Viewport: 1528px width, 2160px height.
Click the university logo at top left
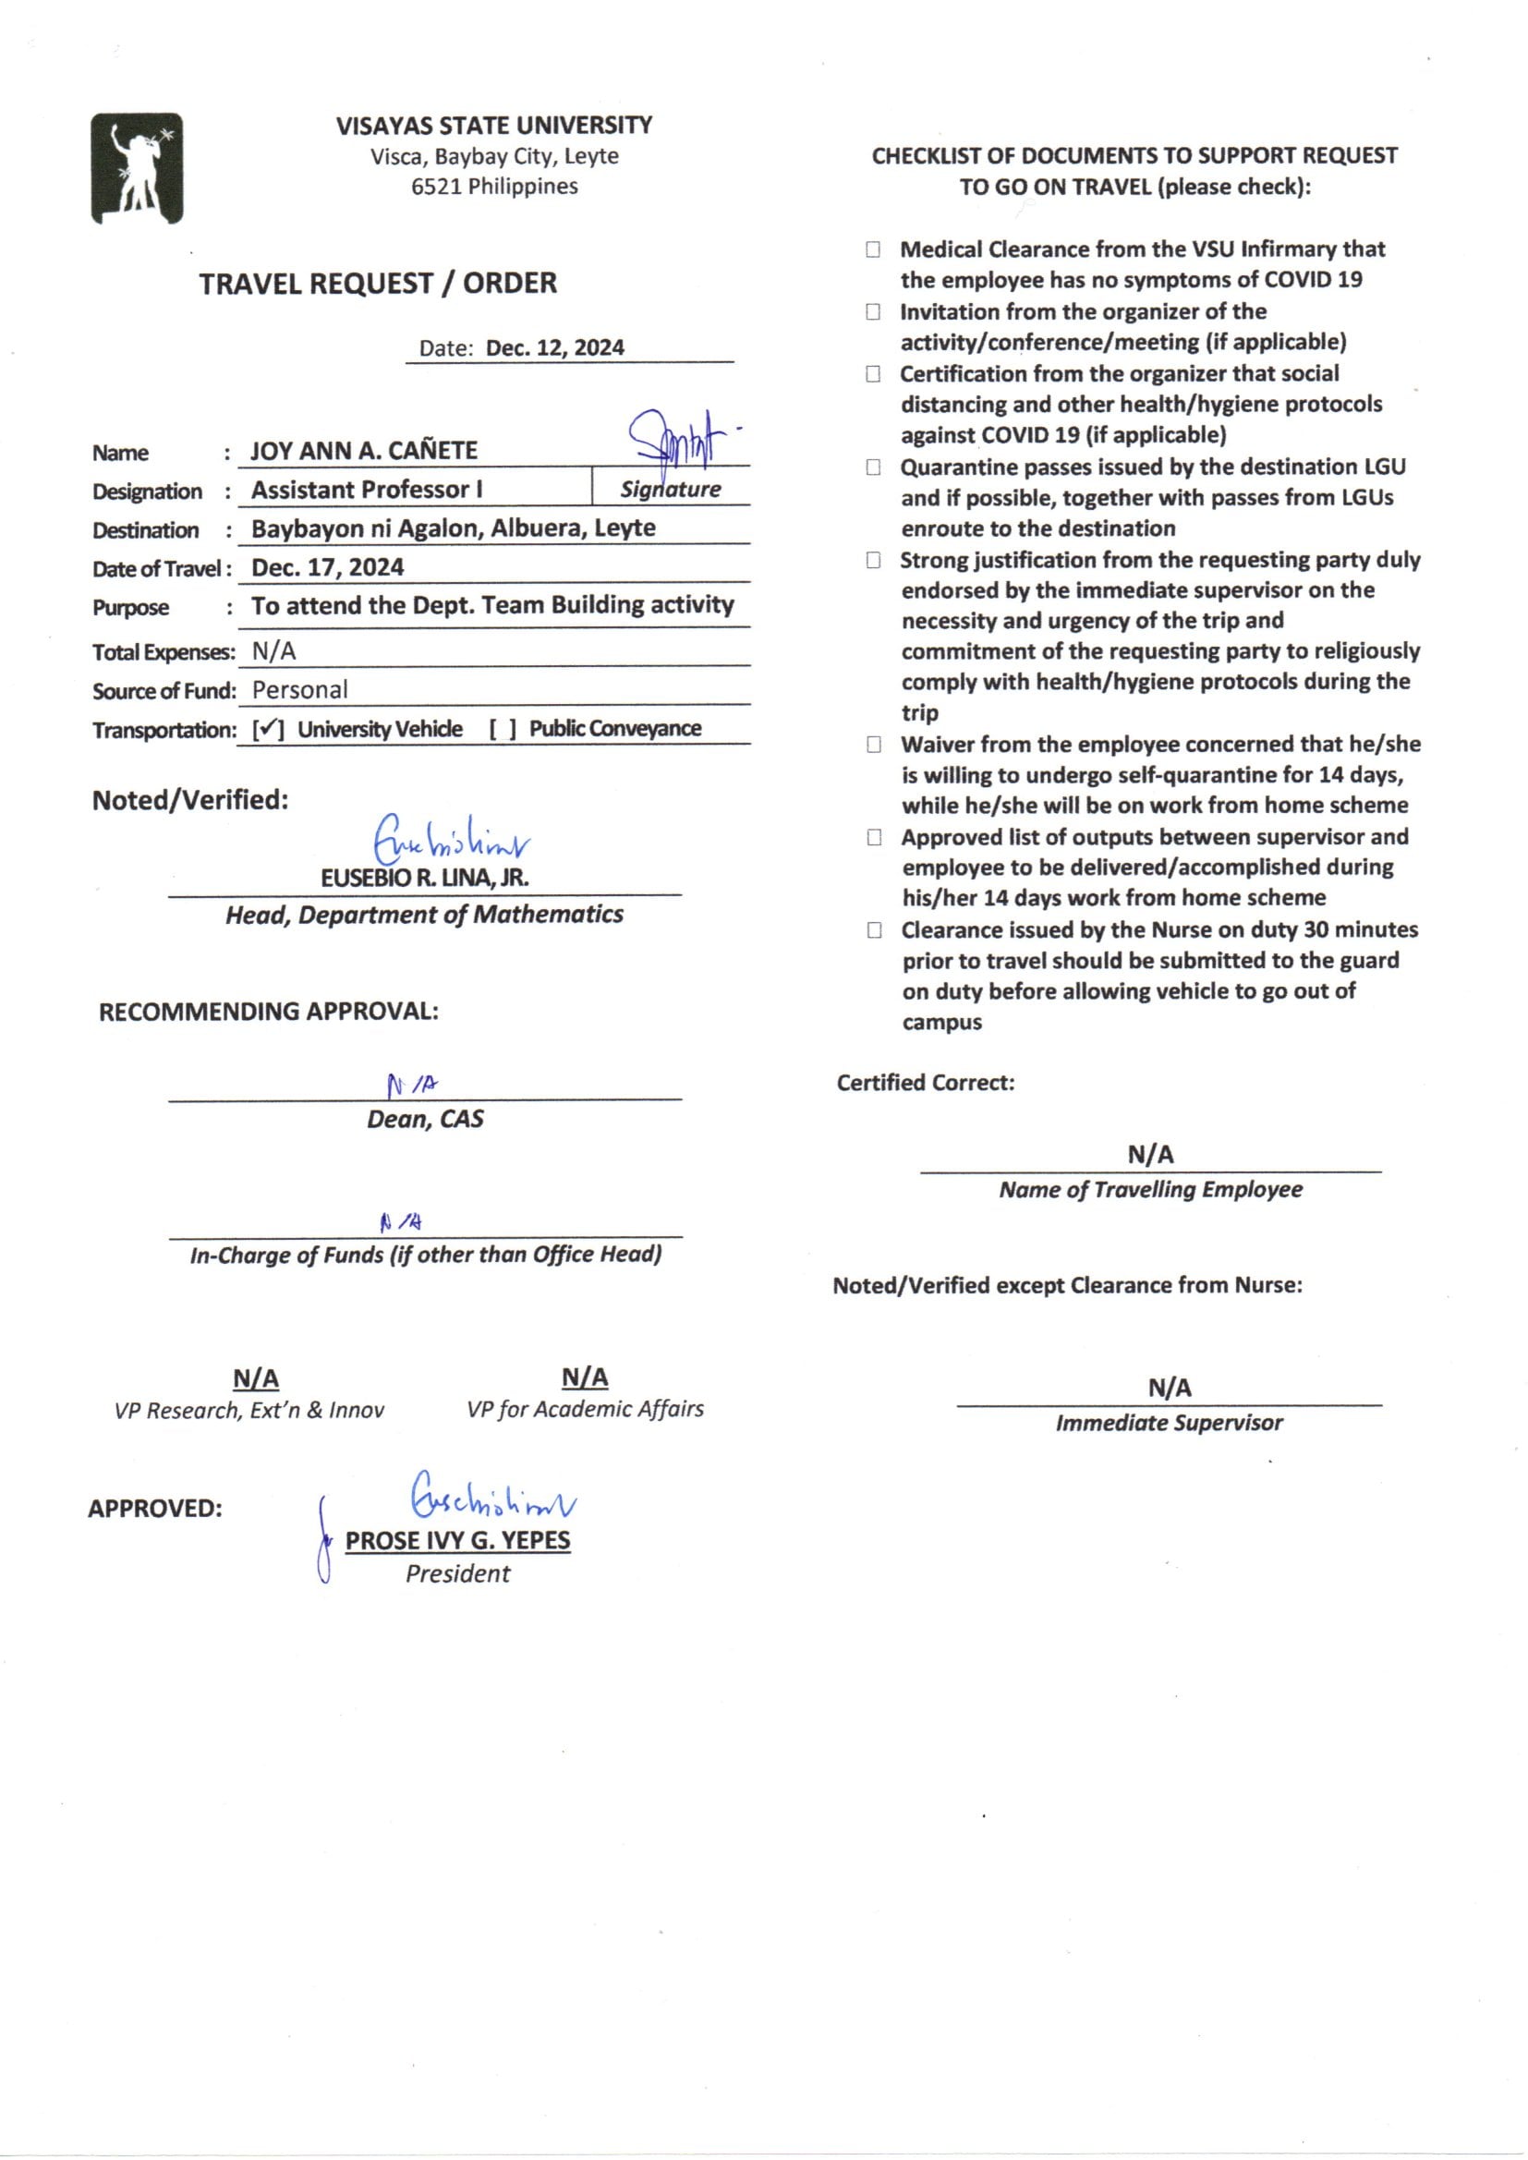click(x=137, y=168)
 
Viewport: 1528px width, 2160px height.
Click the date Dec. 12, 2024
click(x=554, y=348)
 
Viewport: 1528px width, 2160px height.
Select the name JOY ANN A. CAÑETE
click(x=364, y=451)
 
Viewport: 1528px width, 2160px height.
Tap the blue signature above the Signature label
click(x=675, y=436)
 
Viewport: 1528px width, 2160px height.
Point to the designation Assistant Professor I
click(x=367, y=491)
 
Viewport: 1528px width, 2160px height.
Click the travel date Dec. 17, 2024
click(x=327, y=567)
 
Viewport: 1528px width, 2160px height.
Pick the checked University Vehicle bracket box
click(x=268, y=729)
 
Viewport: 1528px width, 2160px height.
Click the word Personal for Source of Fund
click(x=300, y=689)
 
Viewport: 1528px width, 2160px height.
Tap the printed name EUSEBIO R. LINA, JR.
click(x=424, y=878)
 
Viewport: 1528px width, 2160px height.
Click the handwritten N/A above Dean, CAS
click(x=412, y=1086)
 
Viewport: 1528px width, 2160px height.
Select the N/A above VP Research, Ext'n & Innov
click(x=256, y=1379)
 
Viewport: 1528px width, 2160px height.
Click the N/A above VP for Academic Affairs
click(x=584, y=1377)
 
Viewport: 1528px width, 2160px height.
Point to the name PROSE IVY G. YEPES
click(x=457, y=1540)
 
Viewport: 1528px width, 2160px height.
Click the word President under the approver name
click(x=457, y=1574)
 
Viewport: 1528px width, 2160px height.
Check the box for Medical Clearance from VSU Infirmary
click(x=873, y=249)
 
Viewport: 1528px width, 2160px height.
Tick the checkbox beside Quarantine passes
click(x=873, y=467)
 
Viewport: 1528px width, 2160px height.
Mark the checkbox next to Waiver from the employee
click(x=874, y=745)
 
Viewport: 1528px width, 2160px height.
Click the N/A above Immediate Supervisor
click(x=1170, y=1388)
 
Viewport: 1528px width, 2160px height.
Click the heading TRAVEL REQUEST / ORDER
click(x=377, y=284)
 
